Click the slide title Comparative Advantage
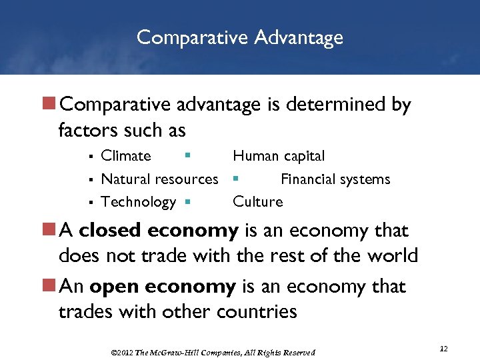coord(240,37)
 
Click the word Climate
coord(126,156)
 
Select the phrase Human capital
coord(279,156)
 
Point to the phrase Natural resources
coord(159,179)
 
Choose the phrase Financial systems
coord(335,179)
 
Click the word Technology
coord(138,201)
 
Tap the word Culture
coord(257,201)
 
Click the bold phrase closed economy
coord(159,231)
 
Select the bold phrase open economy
coord(163,287)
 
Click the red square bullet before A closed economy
coord(49,231)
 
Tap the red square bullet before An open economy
coord(49,287)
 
